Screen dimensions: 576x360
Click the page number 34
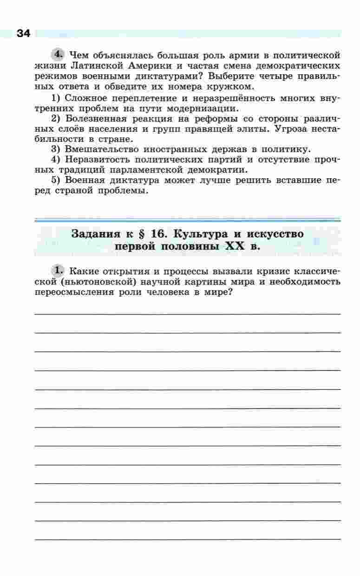pos(23,33)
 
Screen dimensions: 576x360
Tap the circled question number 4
pos(58,54)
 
